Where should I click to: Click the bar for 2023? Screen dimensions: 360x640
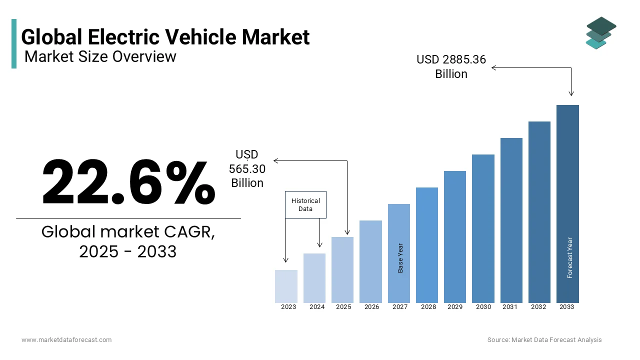tap(286, 286)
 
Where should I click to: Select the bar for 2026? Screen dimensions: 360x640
tap(370, 261)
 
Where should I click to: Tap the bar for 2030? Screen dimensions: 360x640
tap(483, 228)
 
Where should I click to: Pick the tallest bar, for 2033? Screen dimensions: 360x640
tap(567, 203)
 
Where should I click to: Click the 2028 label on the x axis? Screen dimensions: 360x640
tap(428, 307)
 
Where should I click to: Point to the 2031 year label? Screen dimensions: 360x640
tap(510, 307)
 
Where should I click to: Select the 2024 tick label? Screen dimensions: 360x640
tap(317, 307)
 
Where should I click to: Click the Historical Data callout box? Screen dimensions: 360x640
tap(305, 204)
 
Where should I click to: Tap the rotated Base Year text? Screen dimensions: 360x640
tap(400, 258)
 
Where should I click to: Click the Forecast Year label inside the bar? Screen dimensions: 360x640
tap(570, 257)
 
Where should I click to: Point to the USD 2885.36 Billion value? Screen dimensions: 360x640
tap(451, 66)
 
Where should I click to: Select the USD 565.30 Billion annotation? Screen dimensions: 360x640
tap(247, 169)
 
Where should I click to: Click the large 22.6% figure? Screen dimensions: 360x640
tap(128, 182)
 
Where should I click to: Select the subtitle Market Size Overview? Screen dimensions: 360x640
tap(100, 56)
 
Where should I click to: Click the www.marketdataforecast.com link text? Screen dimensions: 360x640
tap(66, 340)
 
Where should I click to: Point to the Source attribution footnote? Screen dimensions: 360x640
tap(544, 340)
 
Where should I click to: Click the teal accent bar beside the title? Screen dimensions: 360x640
tap(14, 43)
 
